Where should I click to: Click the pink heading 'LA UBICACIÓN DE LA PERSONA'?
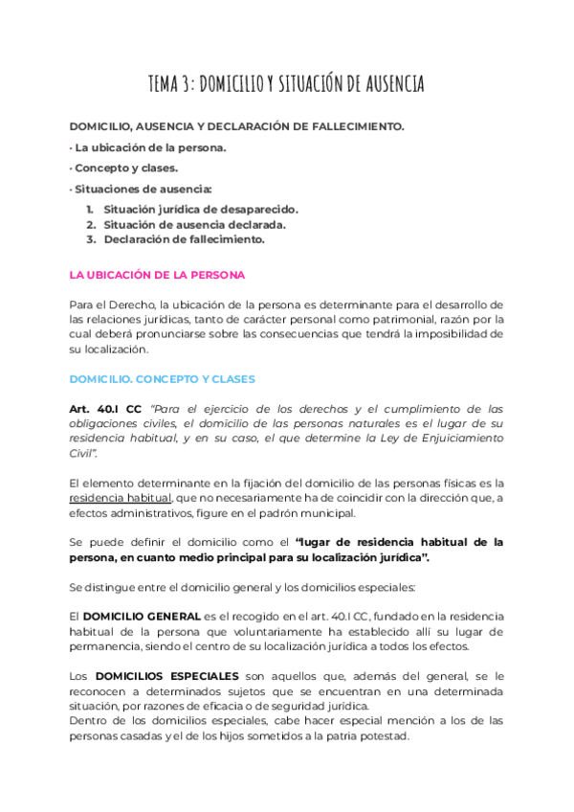[x=157, y=275]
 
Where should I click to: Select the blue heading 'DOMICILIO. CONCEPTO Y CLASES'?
[x=163, y=379]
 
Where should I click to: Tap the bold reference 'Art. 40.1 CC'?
[x=106, y=409]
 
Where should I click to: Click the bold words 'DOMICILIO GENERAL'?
[x=142, y=616]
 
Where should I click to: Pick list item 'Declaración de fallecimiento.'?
[x=184, y=239]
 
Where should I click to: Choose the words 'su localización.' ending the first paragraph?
[x=108, y=350]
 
